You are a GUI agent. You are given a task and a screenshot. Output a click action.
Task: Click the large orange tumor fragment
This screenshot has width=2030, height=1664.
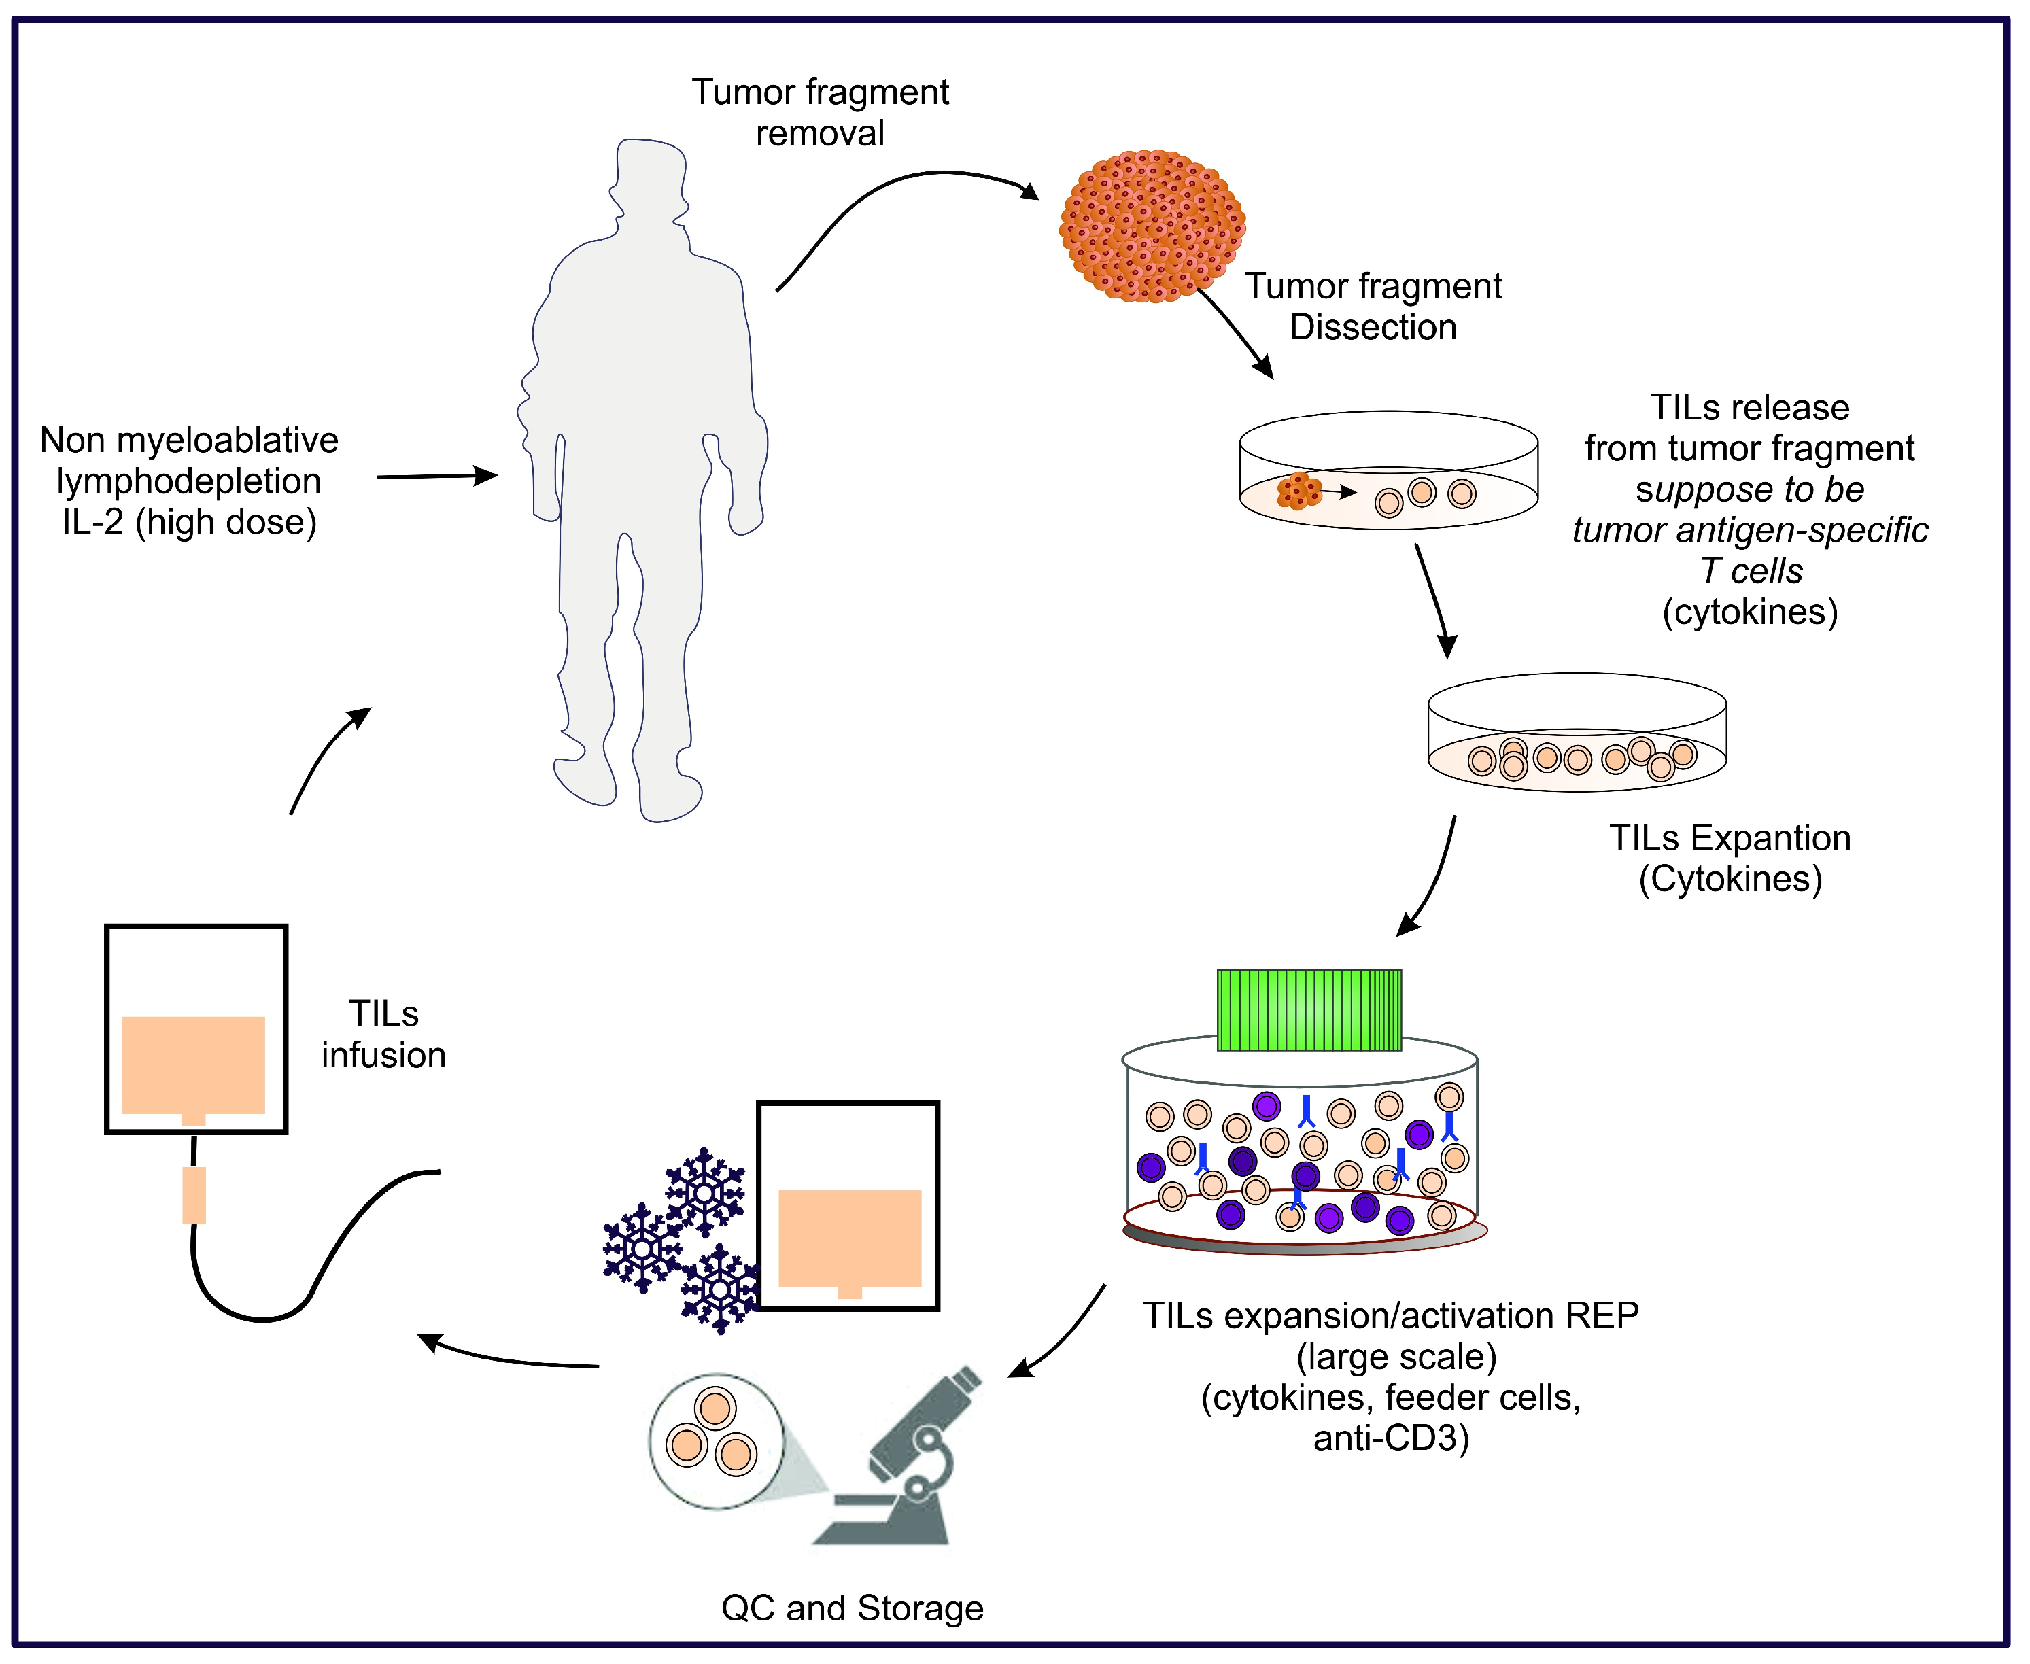click(x=1152, y=226)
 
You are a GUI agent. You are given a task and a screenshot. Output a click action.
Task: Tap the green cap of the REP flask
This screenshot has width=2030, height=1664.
click(x=1309, y=1010)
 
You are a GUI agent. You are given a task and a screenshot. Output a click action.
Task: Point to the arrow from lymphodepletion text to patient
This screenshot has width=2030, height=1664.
click(x=436, y=476)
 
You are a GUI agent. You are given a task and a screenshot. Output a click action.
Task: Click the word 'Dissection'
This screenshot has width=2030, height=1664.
click(x=1373, y=328)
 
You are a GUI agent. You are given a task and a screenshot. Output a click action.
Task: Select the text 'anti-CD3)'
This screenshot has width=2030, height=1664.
click(x=1391, y=1438)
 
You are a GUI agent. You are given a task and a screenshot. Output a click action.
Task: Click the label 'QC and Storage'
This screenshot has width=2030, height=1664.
click(x=852, y=1608)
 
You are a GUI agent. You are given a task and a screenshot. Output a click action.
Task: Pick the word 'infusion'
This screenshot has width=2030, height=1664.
click(x=383, y=1056)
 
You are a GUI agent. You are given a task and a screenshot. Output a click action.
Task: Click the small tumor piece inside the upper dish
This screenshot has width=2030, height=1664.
click(x=1298, y=491)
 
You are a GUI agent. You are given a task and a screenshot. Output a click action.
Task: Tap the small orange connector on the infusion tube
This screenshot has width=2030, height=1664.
click(x=194, y=1194)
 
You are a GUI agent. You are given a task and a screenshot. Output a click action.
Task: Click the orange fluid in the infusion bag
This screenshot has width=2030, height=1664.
click(x=194, y=1064)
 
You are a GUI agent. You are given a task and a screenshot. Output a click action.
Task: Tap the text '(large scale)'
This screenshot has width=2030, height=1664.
click(x=1396, y=1356)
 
